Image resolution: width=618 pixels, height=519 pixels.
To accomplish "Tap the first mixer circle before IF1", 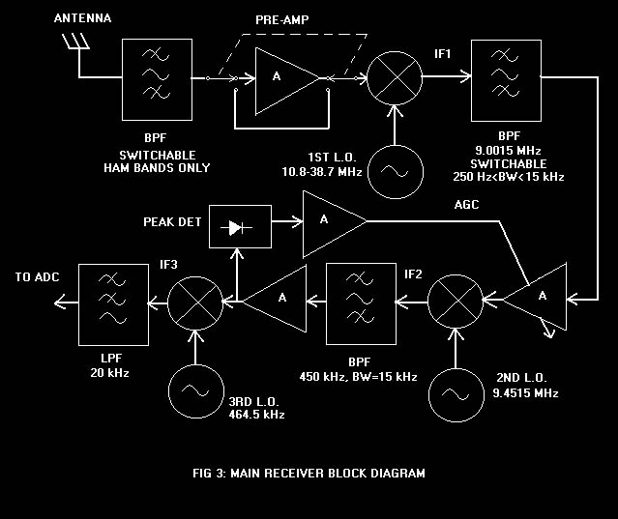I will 396,76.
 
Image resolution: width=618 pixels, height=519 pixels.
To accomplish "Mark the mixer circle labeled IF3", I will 196,303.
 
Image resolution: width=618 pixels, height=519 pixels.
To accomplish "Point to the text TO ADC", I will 37,277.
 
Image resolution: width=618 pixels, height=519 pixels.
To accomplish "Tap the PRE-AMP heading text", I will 283,19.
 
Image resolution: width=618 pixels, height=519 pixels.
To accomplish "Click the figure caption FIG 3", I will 309,474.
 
